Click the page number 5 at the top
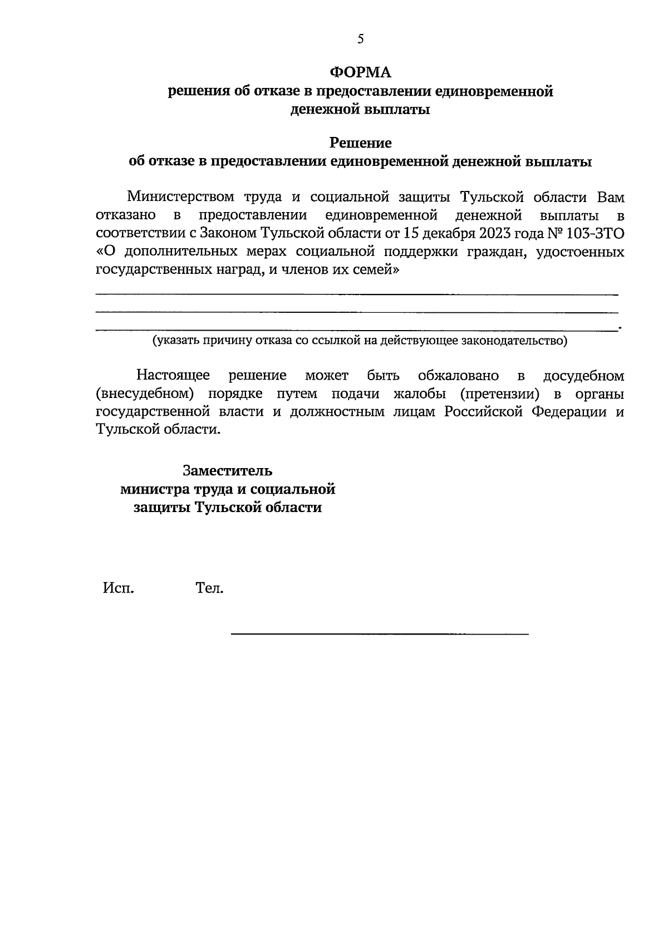(361, 38)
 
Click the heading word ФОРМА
(361, 73)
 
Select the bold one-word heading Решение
(361, 143)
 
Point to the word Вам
(611, 197)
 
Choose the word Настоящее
(173, 376)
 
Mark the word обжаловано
(458, 376)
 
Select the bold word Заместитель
(228, 471)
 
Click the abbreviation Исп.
(118, 588)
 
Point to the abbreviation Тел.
(209, 588)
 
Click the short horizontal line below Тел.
(379, 633)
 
